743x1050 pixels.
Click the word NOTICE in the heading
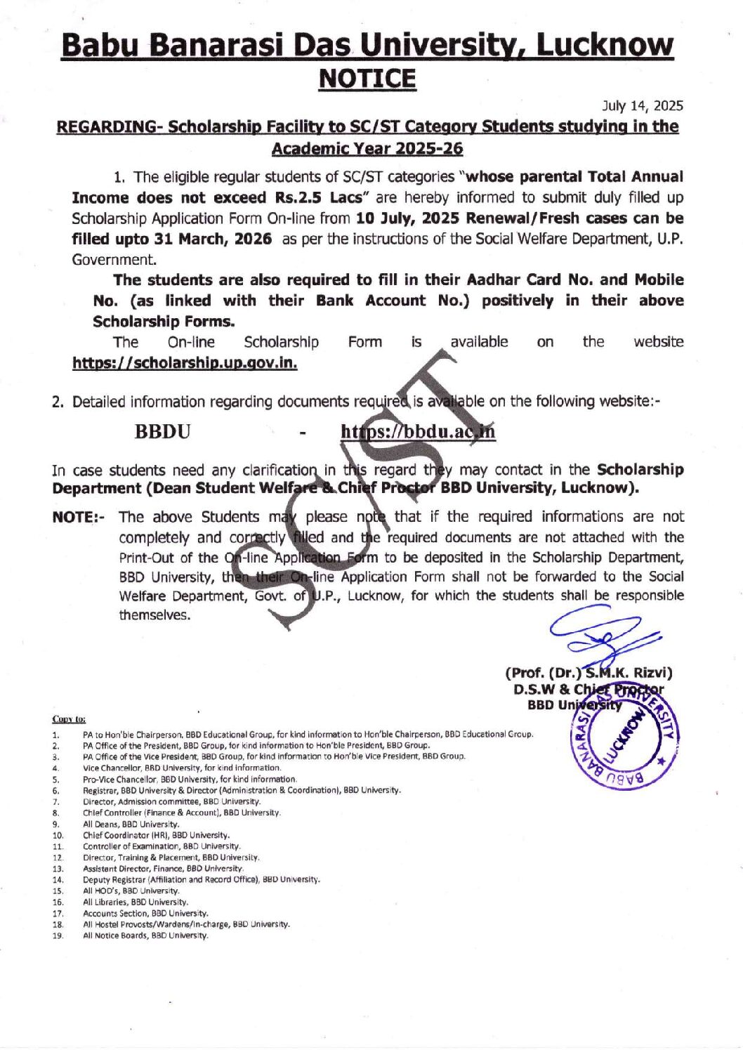[x=367, y=78]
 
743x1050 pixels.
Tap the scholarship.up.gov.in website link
[x=185, y=363]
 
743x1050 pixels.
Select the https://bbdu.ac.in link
[x=418, y=431]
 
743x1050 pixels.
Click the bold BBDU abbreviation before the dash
[x=162, y=431]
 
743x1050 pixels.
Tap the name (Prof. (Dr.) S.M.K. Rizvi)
[x=589, y=673]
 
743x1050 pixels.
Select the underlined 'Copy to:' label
[x=69, y=719]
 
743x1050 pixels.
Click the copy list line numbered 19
[x=145, y=936]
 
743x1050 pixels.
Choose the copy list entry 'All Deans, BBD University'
[x=131, y=824]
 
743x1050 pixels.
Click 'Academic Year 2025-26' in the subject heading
[x=367, y=149]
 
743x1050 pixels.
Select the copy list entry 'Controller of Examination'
[x=162, y=846]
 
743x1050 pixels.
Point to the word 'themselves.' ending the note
[x=154, y=615]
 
